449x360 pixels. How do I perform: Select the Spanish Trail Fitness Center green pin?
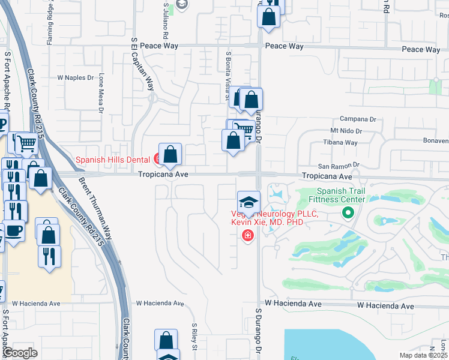(347, 212)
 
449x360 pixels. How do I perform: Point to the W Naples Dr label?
(76, 78)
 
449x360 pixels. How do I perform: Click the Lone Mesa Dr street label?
(101, 94)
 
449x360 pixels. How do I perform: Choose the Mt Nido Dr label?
(346, 131)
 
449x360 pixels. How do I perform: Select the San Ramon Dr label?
(338, 165)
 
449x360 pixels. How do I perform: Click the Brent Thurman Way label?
(94, 204)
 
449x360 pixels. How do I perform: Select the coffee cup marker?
(14, 232)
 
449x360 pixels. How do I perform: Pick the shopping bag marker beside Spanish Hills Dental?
(170, 155)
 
